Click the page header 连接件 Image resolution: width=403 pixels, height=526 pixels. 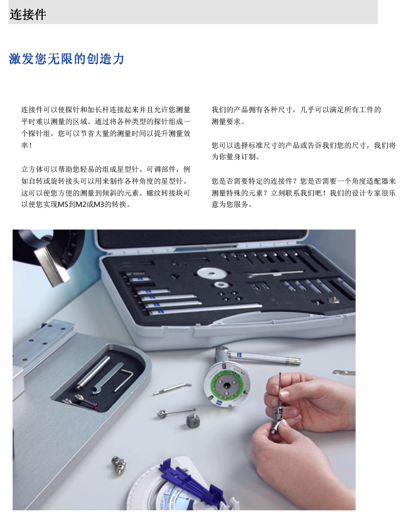pyautogui.click(x=28, y=14)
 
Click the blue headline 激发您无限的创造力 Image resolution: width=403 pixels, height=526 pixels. pyautogui.click(x=67, y=59)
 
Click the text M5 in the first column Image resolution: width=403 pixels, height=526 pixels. pyautogui.click(x=63, y=204)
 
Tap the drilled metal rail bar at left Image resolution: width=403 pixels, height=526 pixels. pyautogui.click(x=41, y=345)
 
